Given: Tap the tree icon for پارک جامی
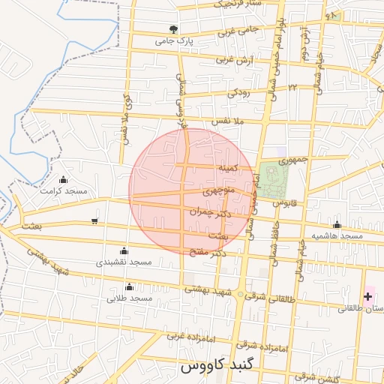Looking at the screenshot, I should click(174, 29).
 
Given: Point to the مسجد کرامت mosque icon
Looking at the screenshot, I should click(63, 179).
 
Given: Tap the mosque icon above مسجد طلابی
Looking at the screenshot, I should click(129, 286).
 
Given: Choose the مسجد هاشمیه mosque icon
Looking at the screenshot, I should click(337, 224).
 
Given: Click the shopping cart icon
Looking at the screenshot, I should click(94, 220).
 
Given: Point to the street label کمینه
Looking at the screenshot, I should click(227, 169).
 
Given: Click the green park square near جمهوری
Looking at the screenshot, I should click(274, 178).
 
